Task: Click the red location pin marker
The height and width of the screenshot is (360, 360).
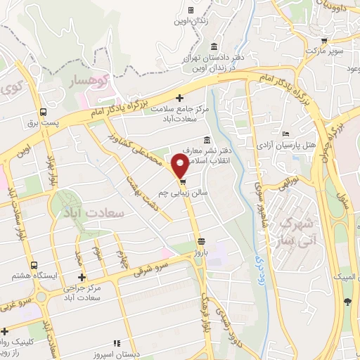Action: coord(180,167)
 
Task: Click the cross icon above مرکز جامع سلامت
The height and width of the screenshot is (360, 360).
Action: coord(181,98)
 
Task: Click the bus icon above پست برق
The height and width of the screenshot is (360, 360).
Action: coord(44,112)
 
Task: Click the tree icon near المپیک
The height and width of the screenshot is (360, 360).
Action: coord(347,302)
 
